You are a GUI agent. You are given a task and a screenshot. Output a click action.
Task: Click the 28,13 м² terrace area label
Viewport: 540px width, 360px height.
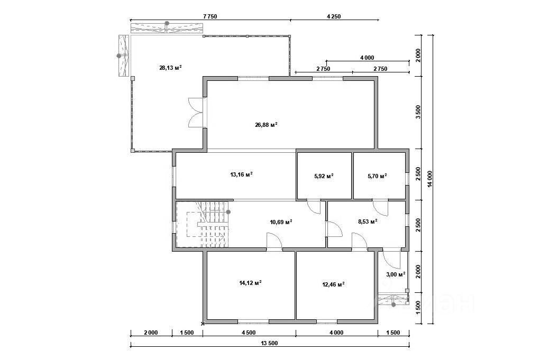(x=170, y=68)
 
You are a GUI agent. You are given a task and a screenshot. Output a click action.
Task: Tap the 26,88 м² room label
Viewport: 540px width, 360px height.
(x=266, y=125)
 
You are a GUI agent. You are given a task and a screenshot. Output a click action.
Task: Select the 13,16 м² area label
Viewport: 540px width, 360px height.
(x=241, y=174)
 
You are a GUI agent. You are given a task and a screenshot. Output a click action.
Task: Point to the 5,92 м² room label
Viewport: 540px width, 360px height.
(x=324, y=176)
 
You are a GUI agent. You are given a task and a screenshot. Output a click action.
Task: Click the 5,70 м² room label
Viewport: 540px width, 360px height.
(x=377, y=176)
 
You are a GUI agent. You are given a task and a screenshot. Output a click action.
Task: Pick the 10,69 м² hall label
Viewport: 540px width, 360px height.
(x=281, y=221)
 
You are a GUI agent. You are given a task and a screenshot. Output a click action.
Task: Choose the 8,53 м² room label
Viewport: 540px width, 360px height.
(x=368, y=221)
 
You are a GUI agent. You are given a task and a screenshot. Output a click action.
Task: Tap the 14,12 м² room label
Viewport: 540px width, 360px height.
(x=250, y=283)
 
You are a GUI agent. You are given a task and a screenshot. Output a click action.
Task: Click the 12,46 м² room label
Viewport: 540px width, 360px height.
(x=333, y=284)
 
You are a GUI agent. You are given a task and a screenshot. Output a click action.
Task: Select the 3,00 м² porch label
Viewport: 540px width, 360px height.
(x=396, y=274)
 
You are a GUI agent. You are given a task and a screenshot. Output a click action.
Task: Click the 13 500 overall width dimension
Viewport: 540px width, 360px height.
(x=269, y=343)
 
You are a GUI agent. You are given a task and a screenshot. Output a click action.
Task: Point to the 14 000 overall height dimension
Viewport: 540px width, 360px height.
(x=430, y=179)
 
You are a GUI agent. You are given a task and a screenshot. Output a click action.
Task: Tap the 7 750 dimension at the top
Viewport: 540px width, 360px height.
(x=210, y=16)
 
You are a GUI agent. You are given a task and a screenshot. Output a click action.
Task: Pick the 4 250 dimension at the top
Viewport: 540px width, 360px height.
(x=334, y=16)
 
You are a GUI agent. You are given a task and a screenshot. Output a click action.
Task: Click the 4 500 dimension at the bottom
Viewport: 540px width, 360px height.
(x=249, y=333)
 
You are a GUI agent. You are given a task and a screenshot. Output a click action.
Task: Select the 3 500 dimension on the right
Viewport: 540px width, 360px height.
(x=418, y=112)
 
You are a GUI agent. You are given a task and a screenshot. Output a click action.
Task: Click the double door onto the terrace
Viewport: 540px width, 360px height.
(x=196, y=113)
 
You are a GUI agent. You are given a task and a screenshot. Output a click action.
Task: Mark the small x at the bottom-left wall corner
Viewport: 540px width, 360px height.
(x=203, y=324)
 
